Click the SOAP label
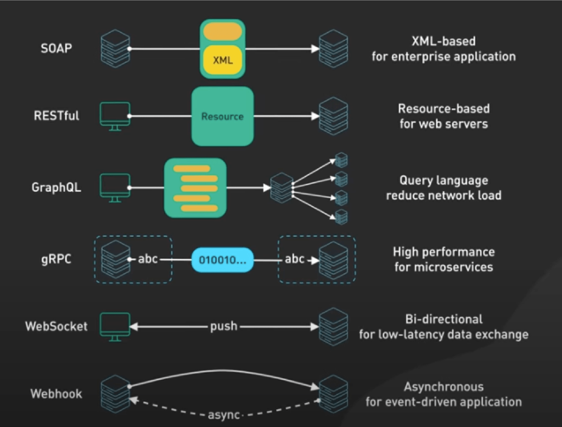pyautogui.click(x=57, y=48)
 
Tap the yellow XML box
pyautogui.click(x=223, y=59)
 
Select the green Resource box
pyautogui.click(x=223, y=116)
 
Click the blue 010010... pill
pyautogui.click(x=223, y=259)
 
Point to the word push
pyautogui.click(x=224, y=326)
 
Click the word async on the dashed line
pyautogui.click(x=224, y=415)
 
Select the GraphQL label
pyautogui.click(x=57, y=187)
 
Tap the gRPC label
pyautogui.click(x=57, y=259)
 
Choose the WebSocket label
pyautogui.click(x=57, y=326)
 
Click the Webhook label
pyautogui.click(x=57, y=393)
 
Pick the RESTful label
pyautogui.click(x=57, y=115)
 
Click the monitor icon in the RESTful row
pyautogui.click(x=115, y=117)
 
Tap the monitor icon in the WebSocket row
pyautogui.click(x=115, y=327)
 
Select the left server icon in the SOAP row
pyautogui.click(x=115, y=48)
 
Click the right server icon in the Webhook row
pyautogui.click(x=333, y=394)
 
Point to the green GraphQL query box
pyautogui.click(x=195, y=187)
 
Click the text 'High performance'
pyautogui.click(x=443, y=252)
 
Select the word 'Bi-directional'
pyautogui.click(x=443, y=319)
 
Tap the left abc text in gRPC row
pyautogui.click(x=148, y=259)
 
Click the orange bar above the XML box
pyautogui.click(x=223, y=31)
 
